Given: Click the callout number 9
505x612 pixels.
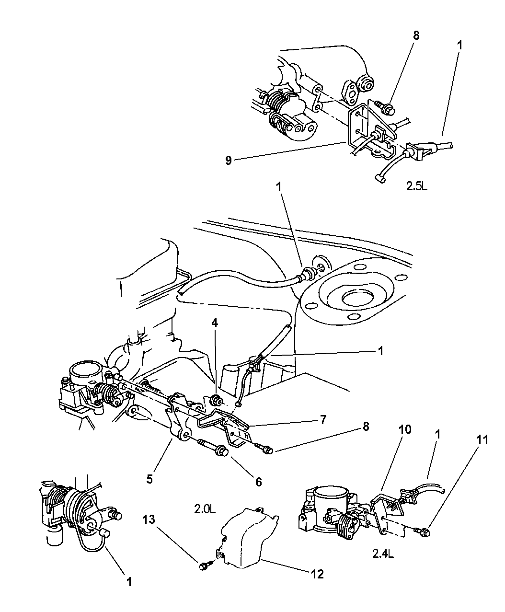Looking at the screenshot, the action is pos(229,161).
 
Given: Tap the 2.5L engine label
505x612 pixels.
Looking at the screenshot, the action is pos(416,186).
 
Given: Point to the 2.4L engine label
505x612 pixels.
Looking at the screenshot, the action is pos(383,554).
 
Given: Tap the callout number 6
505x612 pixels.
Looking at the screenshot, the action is pos(259,482).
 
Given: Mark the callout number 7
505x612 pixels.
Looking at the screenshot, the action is pos(323,420).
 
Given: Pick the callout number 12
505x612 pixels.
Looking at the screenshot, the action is pos(317,574).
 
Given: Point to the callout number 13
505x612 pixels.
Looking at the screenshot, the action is pos(149,520).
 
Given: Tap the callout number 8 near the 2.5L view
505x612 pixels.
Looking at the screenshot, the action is pos(416,35).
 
